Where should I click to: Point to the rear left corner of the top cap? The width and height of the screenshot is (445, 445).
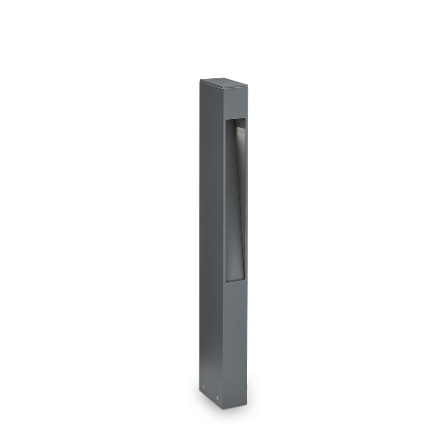coord(201,79)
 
